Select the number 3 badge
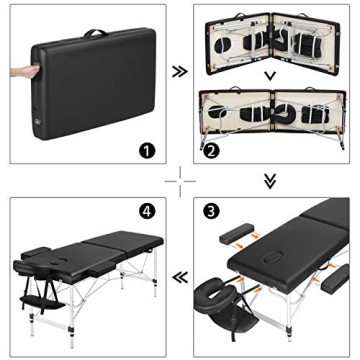(212, 212)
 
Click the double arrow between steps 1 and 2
(178, 73)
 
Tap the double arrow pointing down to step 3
(269, 181)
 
